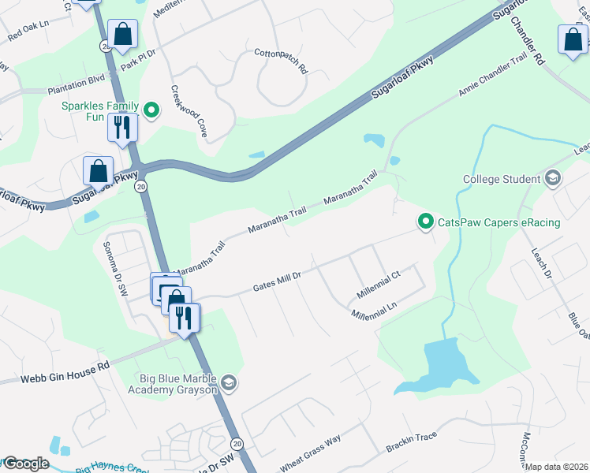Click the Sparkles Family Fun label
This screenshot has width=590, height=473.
click(101, 113)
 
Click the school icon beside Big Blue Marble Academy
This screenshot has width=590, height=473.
click(228, 384)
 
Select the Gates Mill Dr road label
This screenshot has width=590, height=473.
click(277, 281)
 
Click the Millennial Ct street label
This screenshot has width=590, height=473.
click(379, 285)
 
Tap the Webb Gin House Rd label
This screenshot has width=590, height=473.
click(54, 373)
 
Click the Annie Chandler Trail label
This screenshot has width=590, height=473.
click(494, 76)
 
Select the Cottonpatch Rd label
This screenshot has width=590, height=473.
click(280, 61)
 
